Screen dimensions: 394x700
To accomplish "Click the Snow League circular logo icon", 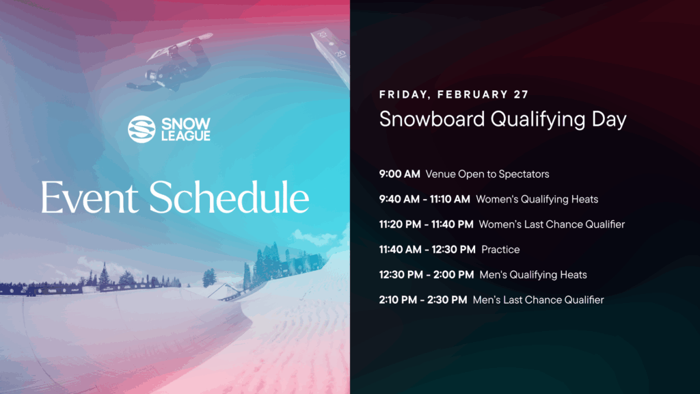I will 142,129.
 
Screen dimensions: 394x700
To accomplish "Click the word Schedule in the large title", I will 229,198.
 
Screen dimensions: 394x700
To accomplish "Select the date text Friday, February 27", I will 454,94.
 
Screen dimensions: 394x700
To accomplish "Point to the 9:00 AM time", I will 399,174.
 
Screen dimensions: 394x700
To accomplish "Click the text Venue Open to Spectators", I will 487,174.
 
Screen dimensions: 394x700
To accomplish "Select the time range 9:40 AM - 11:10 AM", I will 425,200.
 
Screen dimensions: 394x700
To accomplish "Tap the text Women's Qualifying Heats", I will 537,200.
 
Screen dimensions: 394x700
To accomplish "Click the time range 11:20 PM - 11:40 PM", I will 426,224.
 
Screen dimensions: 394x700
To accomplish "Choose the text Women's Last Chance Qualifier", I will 552,224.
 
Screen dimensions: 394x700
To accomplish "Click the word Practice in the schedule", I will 500,250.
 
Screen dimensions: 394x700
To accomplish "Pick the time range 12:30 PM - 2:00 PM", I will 427,275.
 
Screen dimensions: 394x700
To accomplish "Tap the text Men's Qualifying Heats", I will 533,275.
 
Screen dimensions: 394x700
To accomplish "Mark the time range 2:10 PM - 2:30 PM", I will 423,300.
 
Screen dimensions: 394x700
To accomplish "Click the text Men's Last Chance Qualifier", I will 538,300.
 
